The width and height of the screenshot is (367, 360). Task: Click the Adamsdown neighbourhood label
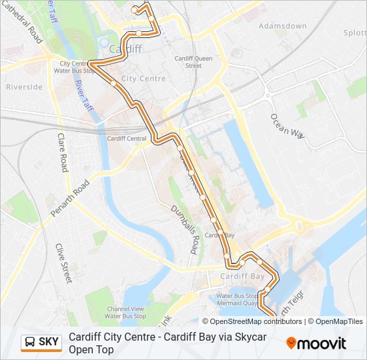tap(282, 26)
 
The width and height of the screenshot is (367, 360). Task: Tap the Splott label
tap(354, 33)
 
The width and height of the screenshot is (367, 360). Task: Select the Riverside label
tap(24, 87)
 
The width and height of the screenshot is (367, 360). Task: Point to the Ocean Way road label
tap(287, 125)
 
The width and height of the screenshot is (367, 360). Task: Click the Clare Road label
tap(63, 152)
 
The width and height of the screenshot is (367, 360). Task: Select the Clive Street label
tap(64, 263)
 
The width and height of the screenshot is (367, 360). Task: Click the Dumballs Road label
tap(185, 229)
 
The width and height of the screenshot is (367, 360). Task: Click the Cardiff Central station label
tap(127, 139)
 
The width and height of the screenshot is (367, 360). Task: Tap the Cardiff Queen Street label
tap(193, 62)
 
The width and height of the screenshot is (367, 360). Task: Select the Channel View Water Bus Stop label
tap(125, 313)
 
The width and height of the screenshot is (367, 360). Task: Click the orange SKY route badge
tap(41, 342)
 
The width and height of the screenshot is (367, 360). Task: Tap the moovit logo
tap(316, 343)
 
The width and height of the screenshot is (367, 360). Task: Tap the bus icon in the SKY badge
tap(31, 342)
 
